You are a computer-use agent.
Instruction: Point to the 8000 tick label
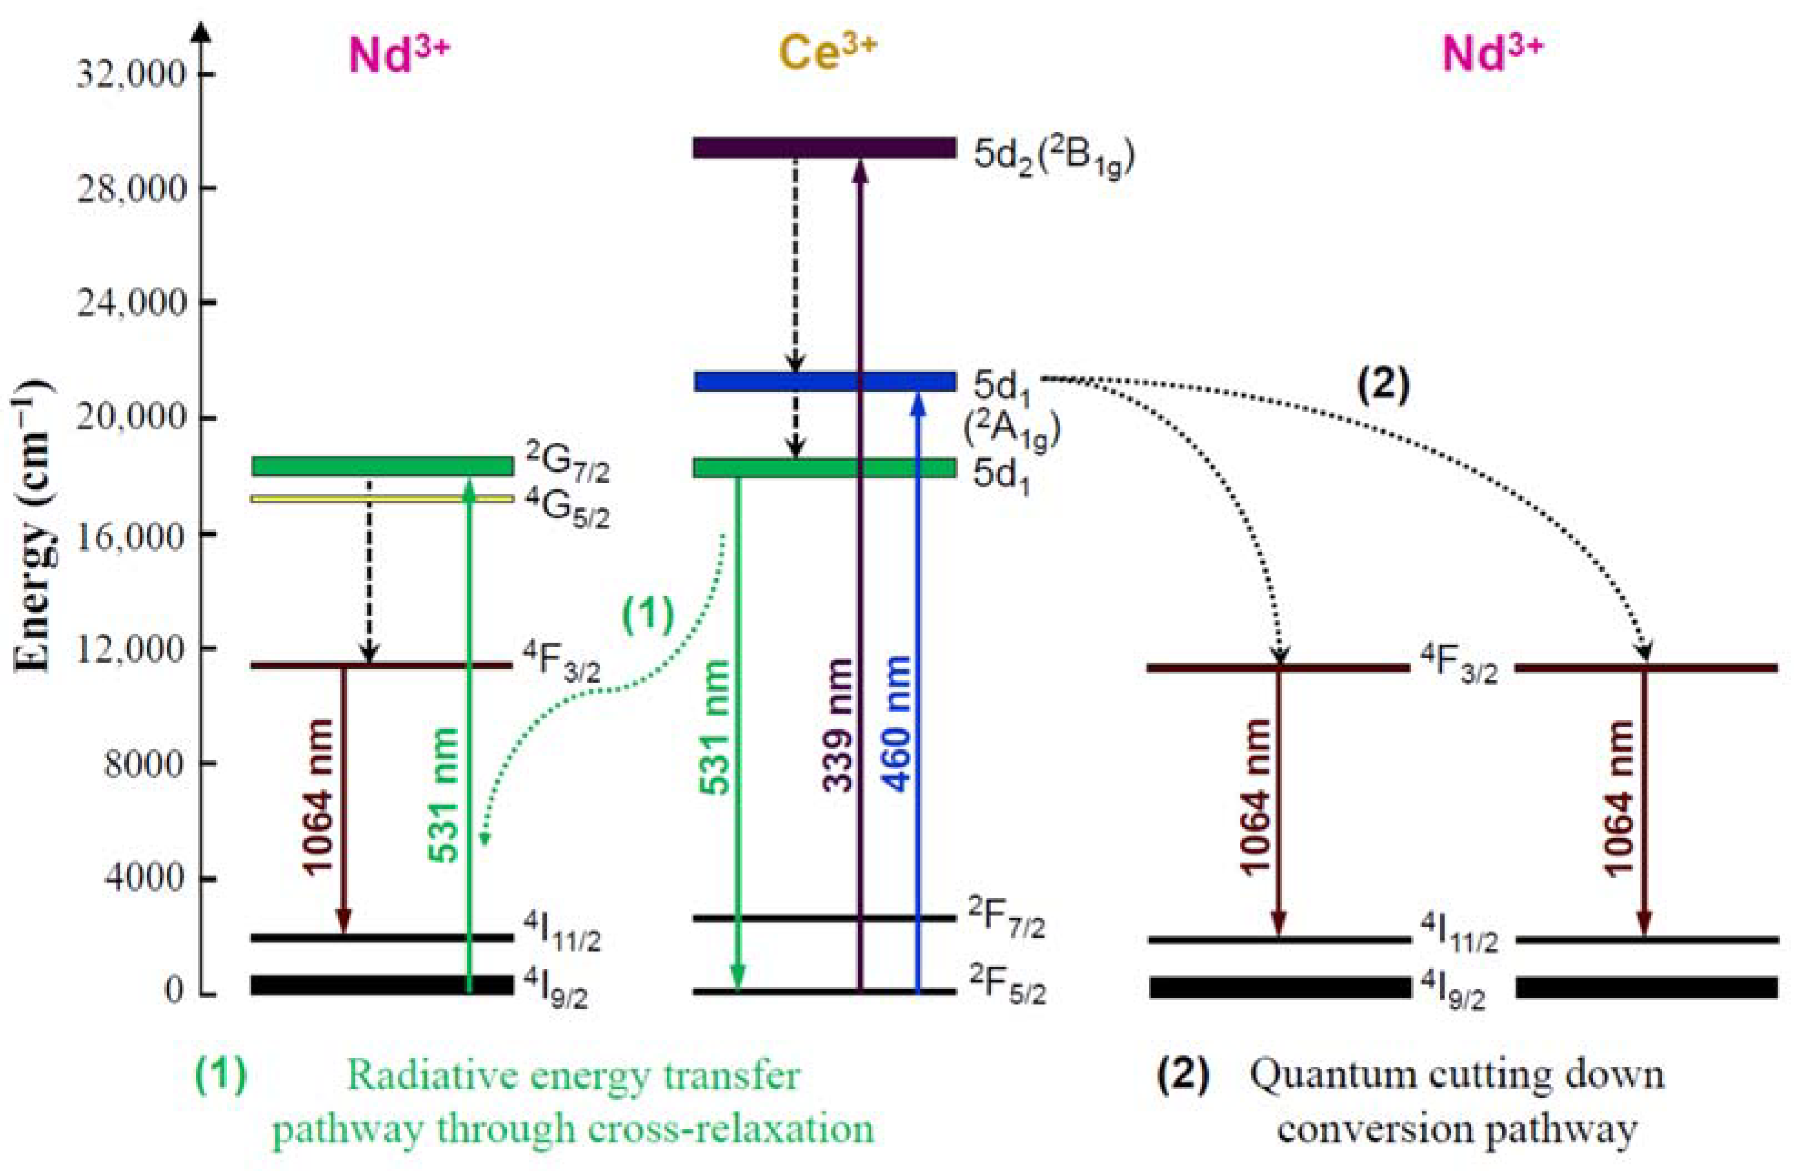[144, 764]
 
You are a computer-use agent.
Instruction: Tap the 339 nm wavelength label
[838, 724]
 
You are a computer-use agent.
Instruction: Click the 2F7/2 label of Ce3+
[1006, 919]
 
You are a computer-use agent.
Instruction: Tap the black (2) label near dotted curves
[1382, 387]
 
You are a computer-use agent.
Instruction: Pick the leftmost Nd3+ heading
[399, 55]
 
